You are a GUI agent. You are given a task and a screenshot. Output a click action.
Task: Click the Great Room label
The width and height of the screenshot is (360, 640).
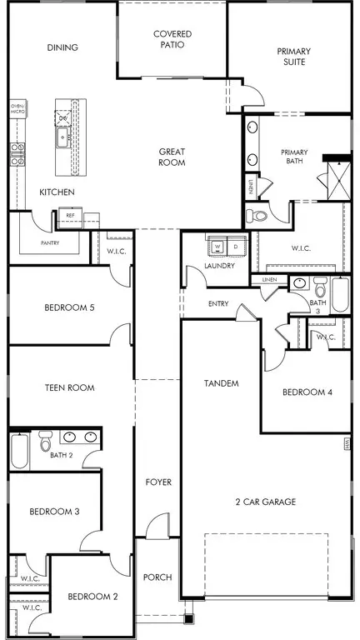click(172, 157)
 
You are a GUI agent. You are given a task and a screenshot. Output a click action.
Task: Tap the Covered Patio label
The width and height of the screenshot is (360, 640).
click(172, 39)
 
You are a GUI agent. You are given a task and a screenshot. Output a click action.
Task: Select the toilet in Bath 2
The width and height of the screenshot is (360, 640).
click(45, 441)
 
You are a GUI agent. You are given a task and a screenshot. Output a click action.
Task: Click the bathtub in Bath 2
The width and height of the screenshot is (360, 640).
click(20, 451)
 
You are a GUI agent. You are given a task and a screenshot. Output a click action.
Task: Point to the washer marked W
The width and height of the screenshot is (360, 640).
click(217, 247)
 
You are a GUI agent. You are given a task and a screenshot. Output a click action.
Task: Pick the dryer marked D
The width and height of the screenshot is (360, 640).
click(236, 247)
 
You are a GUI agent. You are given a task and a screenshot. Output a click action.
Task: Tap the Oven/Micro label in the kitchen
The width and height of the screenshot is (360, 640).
click(17, 108)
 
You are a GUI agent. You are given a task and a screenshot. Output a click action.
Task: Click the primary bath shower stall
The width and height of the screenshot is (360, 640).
click(339, 181)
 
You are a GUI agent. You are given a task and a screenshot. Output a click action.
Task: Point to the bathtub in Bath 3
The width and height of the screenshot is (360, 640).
click(340, 295)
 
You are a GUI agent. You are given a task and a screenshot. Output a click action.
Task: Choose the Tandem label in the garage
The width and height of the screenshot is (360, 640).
click(221, 383)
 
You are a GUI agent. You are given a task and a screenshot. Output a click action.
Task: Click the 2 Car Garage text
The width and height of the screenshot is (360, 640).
click(266, 502)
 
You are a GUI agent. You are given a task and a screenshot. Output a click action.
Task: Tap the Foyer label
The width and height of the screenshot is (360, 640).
click(158, 482)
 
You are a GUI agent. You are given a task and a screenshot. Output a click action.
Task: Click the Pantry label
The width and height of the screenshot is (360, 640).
click(50, 242)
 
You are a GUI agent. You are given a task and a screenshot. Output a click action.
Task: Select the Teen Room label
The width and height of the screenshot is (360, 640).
click(69, 387)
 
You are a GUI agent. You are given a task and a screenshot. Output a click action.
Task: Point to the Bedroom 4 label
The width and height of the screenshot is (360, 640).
click(307, 392)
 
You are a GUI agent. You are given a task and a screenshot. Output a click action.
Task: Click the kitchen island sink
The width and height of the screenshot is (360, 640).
click(62, 138)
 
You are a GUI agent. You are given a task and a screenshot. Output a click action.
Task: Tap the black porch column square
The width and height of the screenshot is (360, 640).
click(189, 618)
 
